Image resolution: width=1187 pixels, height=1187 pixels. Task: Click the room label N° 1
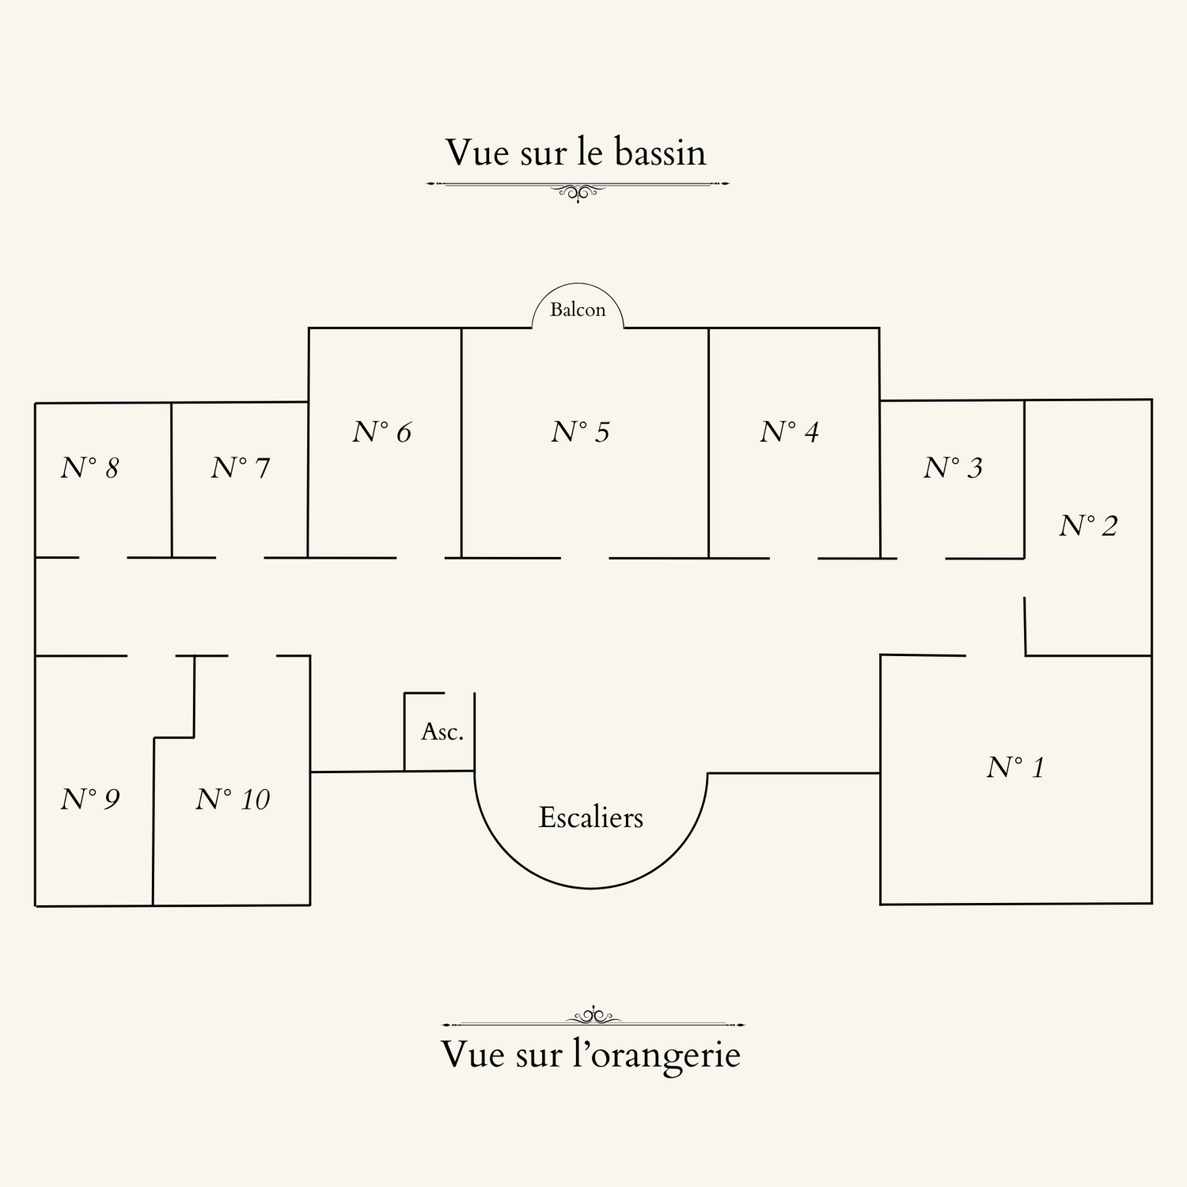(1015, 767)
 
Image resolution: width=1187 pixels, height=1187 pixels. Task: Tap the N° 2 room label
(1088, 525)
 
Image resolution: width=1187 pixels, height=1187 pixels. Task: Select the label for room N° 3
(953, 468)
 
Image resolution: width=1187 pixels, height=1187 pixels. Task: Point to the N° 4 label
(789, 431)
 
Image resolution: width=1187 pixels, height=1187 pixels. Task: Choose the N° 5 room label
(580, 431)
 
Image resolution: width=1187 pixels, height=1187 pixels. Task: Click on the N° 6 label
(381, 431)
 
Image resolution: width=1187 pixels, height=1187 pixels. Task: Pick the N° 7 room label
(241, 468)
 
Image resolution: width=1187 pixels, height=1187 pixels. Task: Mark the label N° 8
(89, 468)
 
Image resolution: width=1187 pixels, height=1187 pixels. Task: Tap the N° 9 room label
(89, 799)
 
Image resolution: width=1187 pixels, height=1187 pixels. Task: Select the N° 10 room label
(233, 799)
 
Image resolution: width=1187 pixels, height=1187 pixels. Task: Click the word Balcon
(578, 309)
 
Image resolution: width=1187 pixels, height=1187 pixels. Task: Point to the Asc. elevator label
(442, 732)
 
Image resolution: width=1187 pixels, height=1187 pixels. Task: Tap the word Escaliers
(590, 817)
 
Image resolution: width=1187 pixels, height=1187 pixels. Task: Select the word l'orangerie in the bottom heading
(656, 1054)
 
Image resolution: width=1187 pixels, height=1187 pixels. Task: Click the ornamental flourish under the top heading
(578, 190)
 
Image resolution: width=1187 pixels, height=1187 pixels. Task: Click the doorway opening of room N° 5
(585, 558)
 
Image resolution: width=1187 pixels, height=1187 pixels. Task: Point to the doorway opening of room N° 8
(103, 558)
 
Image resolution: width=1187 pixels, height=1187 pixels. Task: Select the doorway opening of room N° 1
(995, 655)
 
